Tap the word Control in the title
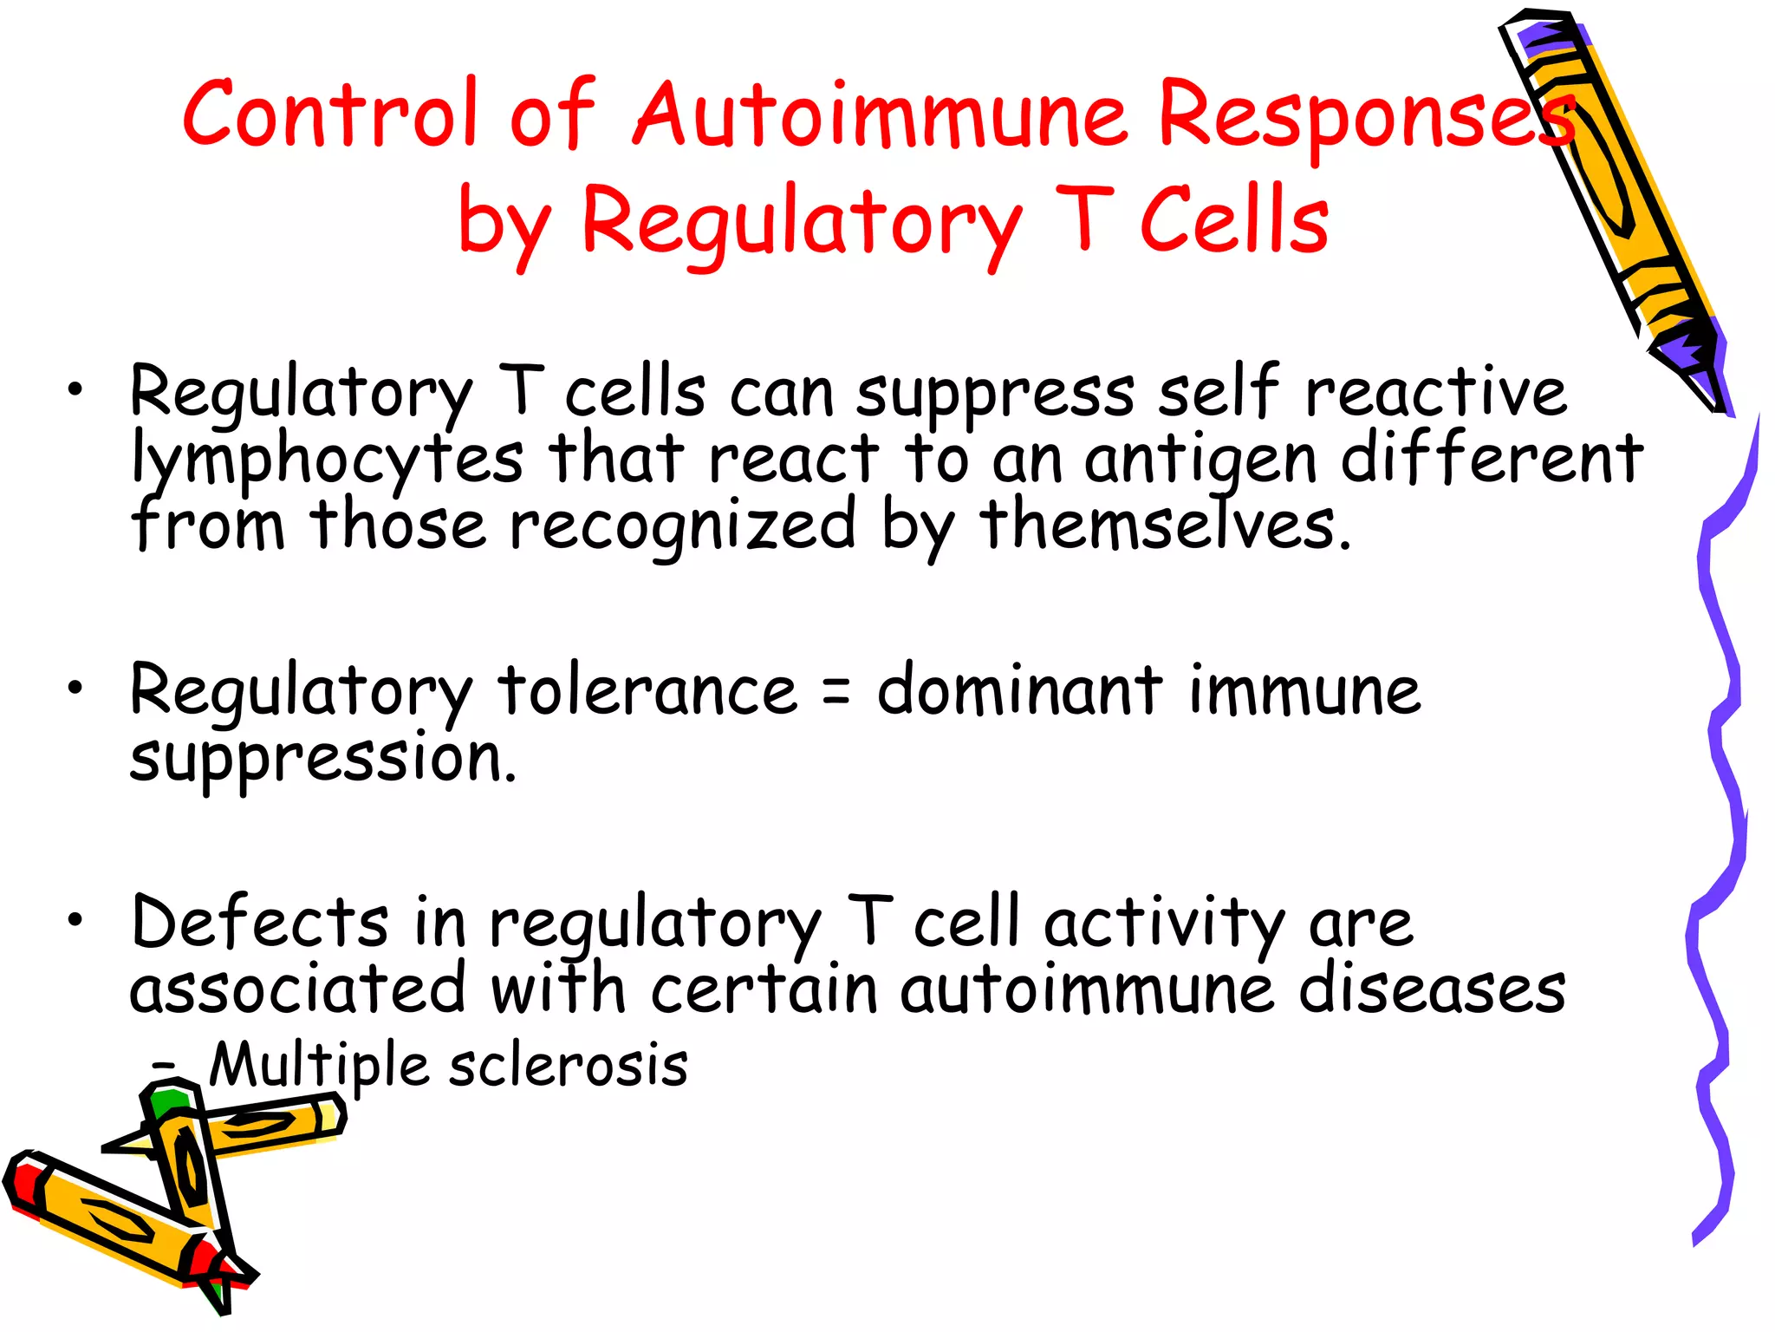pyautogui.click(x=330, y=114)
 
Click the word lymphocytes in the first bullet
pyautogui.click(x=327, y=460)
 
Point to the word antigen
pyautogui.click(x=1200, y=460)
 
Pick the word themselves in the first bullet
pyautogui.click(x=1165, y=526)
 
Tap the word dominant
pyautogui.click(x=1019, y=691)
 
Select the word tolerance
pyautogui.click(x=647, y=691)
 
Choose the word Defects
pyautogui.click(x=260, y=922)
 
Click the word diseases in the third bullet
pyautogui.click(x=1432, y=989)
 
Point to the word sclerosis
pyautogui.click(x=569, y=1066)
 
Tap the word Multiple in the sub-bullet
pyautogui.click(x=319, y=1066)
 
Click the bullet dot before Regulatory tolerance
pyautogui.click(x=76, y=689)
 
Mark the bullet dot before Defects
pyautogui.click(x=76, y=920)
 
